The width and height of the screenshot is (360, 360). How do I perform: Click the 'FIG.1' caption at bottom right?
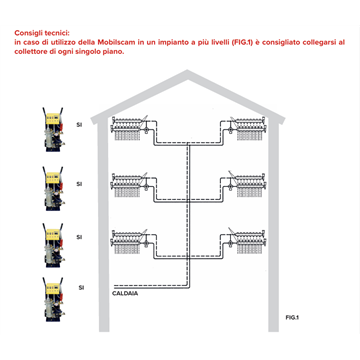pyautogui.click(x=292, y=317)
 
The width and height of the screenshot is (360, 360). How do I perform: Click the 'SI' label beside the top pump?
pyautogui.click(x=79, y=126)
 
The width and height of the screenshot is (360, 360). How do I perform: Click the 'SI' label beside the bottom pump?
pyautogui.click(x=80, y=286)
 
